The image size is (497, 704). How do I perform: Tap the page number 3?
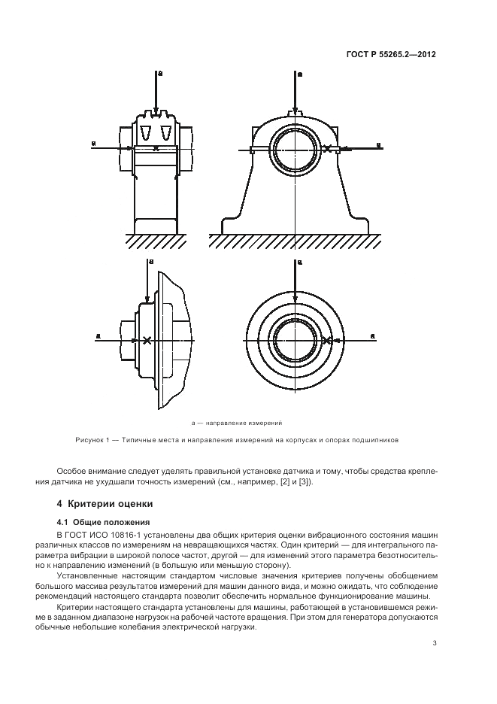pyautogui.click(x=435, y=643)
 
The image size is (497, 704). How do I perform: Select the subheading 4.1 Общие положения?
pyautogui.click(x=98, y=522)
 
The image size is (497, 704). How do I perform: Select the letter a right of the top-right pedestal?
pyautogui.click(x=379, y=144)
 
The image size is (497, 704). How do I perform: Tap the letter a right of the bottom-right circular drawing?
pyautogui.click(x=374, y=335)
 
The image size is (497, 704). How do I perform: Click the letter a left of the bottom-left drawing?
pyautogui.click(x=98, y=335)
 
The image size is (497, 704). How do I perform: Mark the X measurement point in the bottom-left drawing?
pyautogui.click(x=147, y=341)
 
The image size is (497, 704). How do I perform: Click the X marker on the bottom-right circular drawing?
pyautogui.click(x=326, y=341)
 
